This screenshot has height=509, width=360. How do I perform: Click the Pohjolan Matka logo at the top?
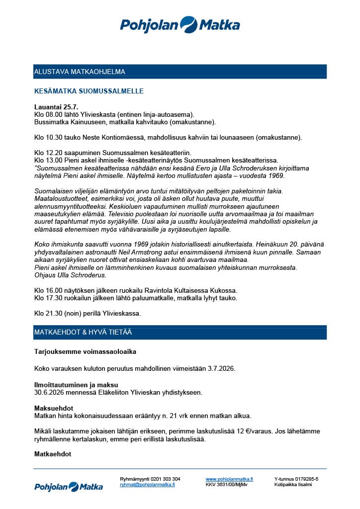pos(180,24)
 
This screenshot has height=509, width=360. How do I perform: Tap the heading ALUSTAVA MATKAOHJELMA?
pos(80,72)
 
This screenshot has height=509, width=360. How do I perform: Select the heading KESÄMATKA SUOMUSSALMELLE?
pos(89,91)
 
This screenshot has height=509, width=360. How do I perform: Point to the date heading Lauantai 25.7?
pos(56,107)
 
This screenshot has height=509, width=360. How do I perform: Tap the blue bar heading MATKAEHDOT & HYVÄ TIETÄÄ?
pos(83,332)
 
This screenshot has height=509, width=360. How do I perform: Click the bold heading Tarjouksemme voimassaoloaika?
pos(85,352)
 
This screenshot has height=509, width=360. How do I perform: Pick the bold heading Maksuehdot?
pos(54,408)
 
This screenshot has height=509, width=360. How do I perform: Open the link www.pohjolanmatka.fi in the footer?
pos(229,479)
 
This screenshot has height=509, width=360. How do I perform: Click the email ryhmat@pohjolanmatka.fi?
pos(147,484)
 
